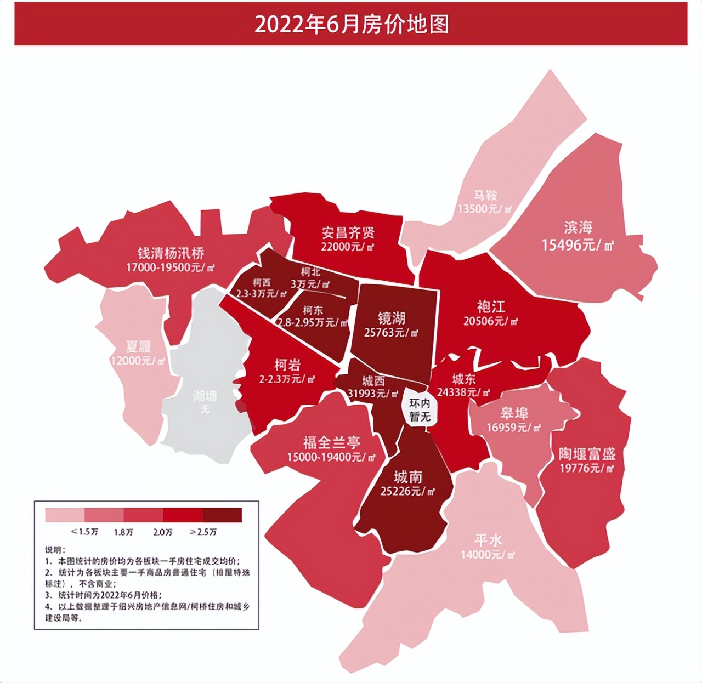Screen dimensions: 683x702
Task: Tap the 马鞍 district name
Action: (x=485, y=195)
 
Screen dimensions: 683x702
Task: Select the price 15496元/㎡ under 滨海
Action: (x=578, y=245)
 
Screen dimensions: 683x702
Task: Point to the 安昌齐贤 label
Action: (x=348, y=233)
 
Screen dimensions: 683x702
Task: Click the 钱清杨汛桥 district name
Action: (x=171, y=253)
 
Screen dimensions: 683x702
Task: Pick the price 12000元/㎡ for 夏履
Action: (x=138, y=361)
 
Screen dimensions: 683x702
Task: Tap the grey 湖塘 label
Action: (x=205, y=396)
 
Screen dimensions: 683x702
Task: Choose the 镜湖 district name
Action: (x=392, y=318)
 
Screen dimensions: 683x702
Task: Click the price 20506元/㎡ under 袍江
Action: (x=490, y=321)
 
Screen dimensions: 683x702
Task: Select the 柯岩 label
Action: (x=287, y=365)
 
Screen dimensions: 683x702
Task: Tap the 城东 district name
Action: (x=463, y=379)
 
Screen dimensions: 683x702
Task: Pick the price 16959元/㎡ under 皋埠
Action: (x=513, y=428)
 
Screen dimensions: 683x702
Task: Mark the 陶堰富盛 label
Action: (x=587, y=454)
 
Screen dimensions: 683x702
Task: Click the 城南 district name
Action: (x=407, y=477)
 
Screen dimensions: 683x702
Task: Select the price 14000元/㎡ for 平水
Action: (x=488, y=555)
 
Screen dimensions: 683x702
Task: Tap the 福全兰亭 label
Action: (x=331, y=442)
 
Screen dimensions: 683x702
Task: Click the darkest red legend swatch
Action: (x=222, y=515)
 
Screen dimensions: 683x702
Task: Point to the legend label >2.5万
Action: (x=203, y=532)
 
